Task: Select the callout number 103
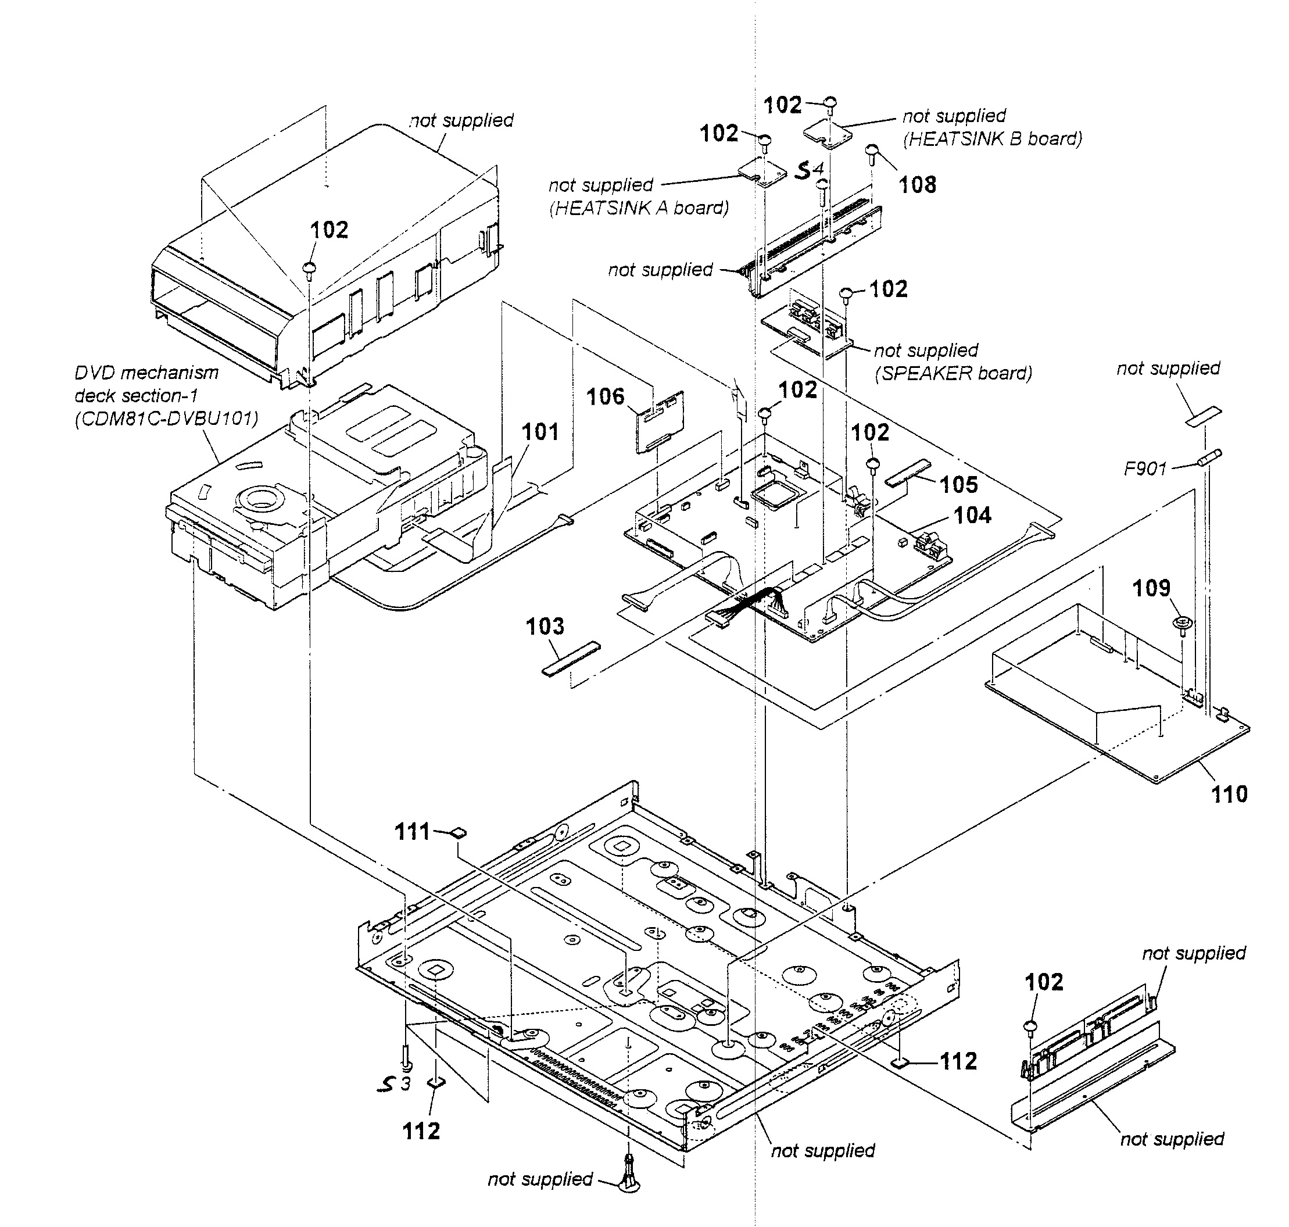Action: pos(544,627)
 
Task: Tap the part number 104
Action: pos(972,516)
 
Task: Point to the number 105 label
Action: pos(958,485)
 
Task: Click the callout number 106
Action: pos(605,396)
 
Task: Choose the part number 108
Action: pos(917,185)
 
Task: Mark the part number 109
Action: pos(1151,588)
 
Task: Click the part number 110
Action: pos(1230,794)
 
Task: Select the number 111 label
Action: pos(412,832)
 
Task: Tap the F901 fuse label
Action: pos(1145,468)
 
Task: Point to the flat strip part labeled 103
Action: pos(570,658)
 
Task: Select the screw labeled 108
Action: pos(872,152)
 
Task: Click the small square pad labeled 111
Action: pos(460,832)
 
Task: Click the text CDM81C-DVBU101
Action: pos(166,418)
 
